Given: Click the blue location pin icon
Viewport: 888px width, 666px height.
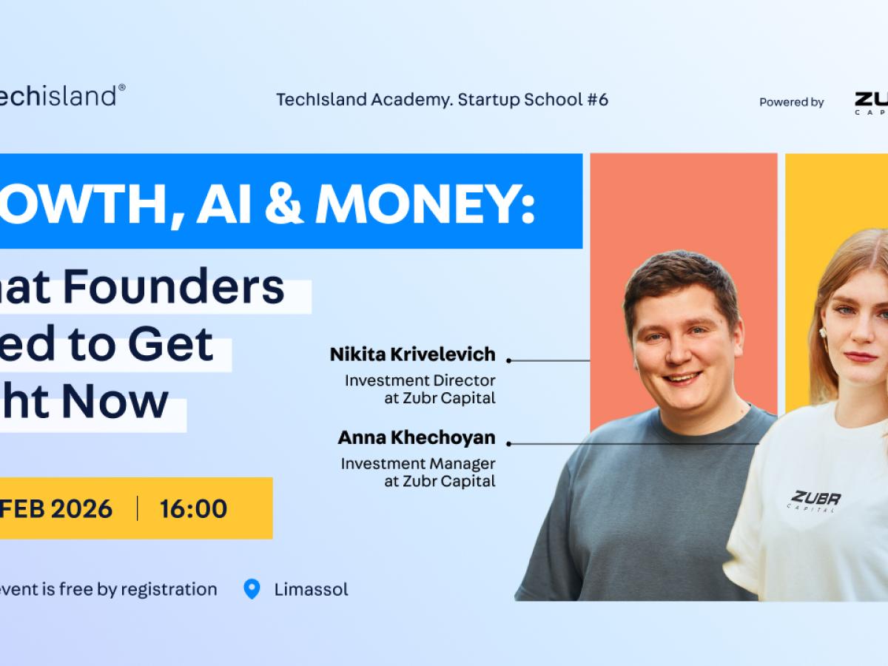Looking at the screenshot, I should [252, 589].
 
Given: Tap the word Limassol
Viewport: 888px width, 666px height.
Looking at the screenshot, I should [311, 590].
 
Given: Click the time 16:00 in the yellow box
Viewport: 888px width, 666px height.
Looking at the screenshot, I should [193, 508].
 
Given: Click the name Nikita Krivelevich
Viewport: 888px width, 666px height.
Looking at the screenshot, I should [412, 354].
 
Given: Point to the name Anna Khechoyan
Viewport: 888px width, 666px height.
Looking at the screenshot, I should [416, 437].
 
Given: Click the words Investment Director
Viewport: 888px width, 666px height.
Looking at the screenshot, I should [420, 380].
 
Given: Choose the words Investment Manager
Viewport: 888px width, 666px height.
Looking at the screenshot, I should [417, 464].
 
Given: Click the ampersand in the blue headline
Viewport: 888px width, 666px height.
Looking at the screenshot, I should [282, 201].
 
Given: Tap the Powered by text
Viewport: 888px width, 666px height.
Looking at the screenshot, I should [791, 102].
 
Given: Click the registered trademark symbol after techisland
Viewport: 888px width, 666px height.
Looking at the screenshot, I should [121, 87].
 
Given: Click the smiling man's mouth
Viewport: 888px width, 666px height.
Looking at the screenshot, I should [682, 378].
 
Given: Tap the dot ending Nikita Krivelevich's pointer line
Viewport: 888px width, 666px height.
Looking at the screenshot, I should [509, 360].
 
